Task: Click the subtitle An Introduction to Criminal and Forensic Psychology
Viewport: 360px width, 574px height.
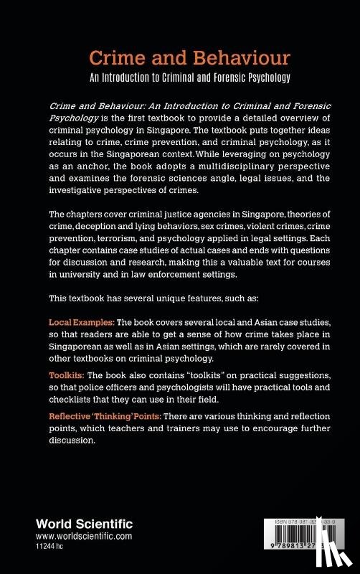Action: (x=180, y=79)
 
